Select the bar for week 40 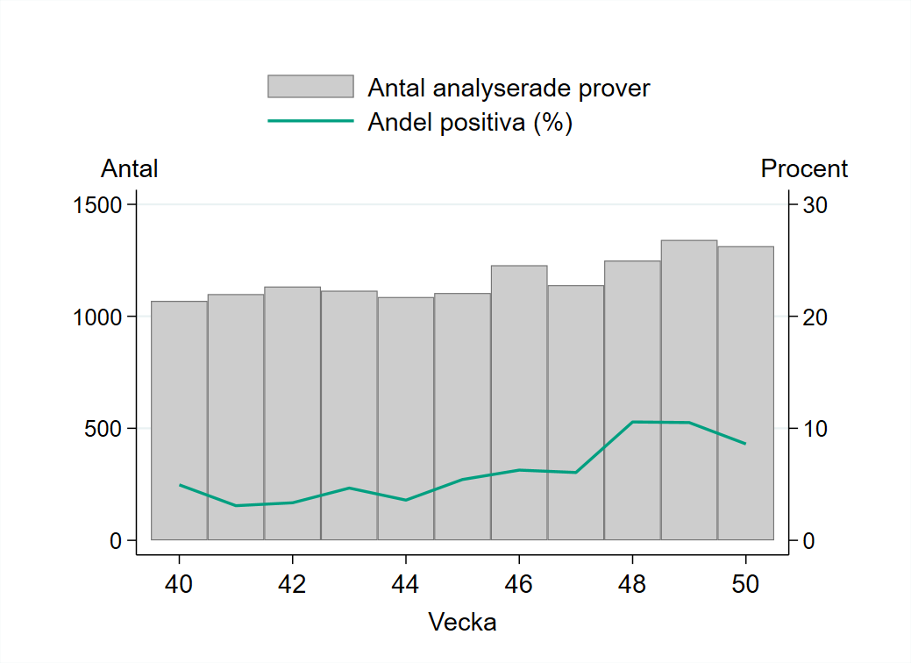pos(179,421)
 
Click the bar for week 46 pos(519,403)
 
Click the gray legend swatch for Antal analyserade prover pos(310,87)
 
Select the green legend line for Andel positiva pos(310,122)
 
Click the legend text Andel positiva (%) pos(470,123)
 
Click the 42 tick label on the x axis pos(292,584)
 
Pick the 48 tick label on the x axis pos(632,584)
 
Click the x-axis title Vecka pos(462,623)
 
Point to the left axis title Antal pos(130,168)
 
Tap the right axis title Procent pos(804,168)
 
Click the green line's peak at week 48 pos(632,422)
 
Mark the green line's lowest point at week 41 pos(236,505)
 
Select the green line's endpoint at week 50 pos(745,444)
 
